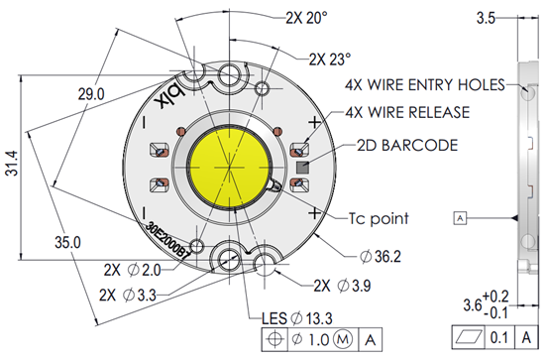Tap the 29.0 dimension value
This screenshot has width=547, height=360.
pyautogui.click(x=88, y=94)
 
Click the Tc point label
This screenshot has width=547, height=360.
pyautogui.click(x=368, y=216)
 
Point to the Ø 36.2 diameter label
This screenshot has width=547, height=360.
pyautogui.click(x=379, y=257)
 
